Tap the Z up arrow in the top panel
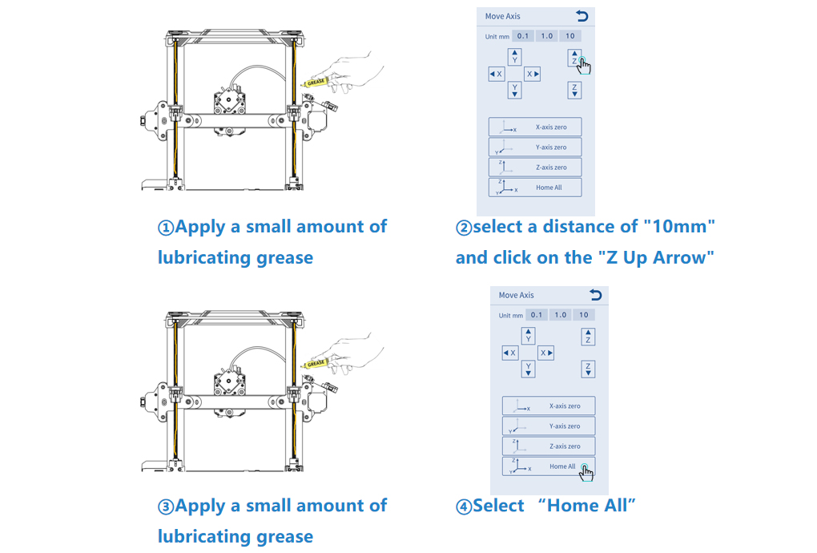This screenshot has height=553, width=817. (x=574, y=58)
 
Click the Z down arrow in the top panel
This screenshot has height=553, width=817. (x=574, y=91)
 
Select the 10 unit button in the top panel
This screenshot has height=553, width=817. (x=570, y=36)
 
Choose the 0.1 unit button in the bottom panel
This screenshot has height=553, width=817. (x=536, y=315)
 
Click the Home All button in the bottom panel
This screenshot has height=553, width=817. (x=549, y=466)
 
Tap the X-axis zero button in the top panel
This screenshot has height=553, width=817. (x=535, y=127)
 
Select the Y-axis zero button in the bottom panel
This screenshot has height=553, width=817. (x=549, y=426)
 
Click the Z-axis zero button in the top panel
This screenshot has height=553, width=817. (x=535, y=168)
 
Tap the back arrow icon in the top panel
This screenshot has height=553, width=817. (x=582, y=16)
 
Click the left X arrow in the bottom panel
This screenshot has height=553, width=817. (x=510, y=353)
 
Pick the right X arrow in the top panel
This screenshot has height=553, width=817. (x=532, y=74)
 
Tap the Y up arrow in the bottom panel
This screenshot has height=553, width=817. (x=529, y=335)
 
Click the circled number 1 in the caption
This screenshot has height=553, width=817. (x=166, y=228)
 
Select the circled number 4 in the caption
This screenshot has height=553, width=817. (x=464, y=507)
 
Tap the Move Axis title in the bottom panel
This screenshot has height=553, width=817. (x=516, y=295)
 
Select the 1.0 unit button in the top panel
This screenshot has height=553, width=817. (x=546, y=36)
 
